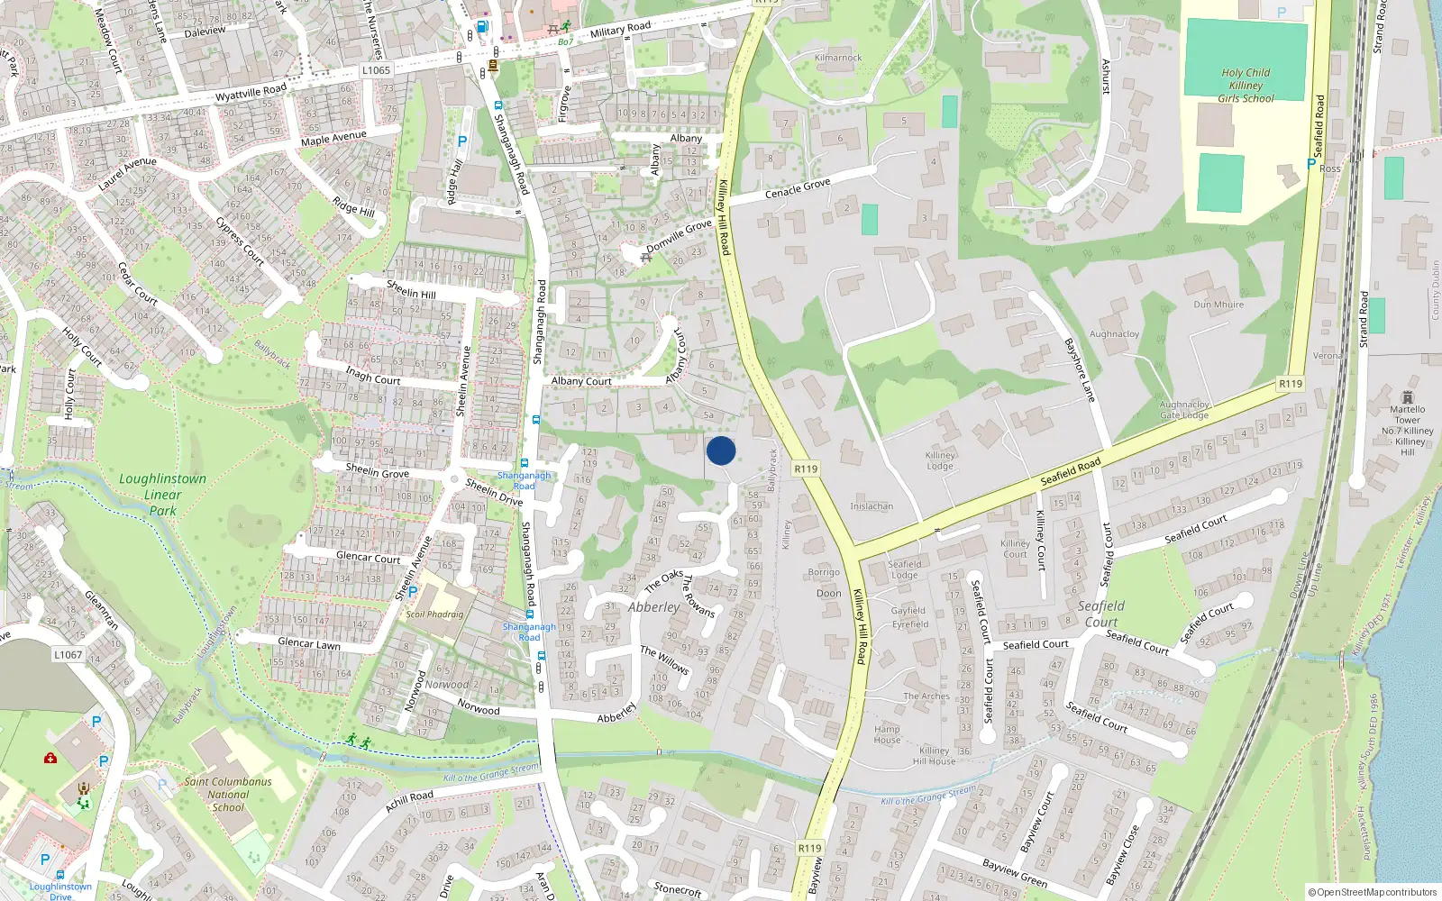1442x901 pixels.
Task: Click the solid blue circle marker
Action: click(x=721, y=450)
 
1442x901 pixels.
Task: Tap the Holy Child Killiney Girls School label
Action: click(x=1246, y=86)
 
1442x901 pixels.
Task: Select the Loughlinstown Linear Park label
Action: click(x=163, y=495)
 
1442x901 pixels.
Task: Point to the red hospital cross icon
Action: click(x=50, y=758)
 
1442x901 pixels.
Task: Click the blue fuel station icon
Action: click(x=482, y=27)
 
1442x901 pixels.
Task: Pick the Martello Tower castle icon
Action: click(x=1408, y=397)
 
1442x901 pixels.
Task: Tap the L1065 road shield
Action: click(x=376, y=70)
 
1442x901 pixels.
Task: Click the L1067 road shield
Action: click(x=68, y=655)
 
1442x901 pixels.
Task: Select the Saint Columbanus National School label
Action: click(x=228, y=795)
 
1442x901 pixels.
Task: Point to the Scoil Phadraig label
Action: click(x=434, y=614)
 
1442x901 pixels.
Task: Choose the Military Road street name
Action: click(x=620, y=30)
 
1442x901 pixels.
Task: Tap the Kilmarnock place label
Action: click(x=838, y=58)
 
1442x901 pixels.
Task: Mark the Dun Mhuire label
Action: click(x=1218, y=305)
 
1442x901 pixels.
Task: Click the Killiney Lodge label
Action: click(x=940, y=460)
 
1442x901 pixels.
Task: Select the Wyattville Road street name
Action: click(x=251, y=92)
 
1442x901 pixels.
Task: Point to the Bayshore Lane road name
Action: click(x=1079, y=370)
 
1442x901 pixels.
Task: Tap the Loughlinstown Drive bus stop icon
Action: click(x=59, y=875)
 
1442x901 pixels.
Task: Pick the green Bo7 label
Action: click(x=565, y=42)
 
